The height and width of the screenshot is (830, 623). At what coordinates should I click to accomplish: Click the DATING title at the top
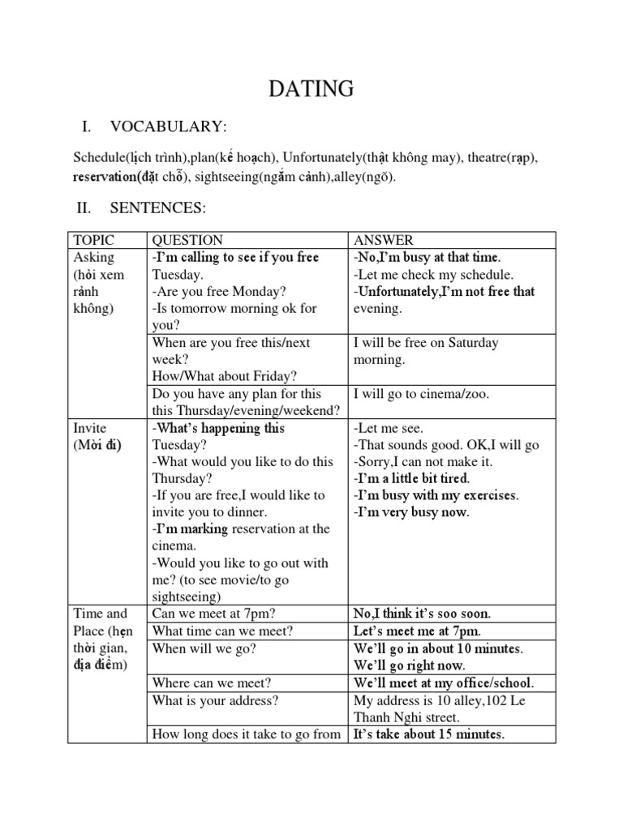(x=311, y=89)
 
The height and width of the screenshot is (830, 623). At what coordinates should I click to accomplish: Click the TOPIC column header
(x=94, y=240)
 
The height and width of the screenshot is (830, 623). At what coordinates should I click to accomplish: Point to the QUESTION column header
(x=187, y=240)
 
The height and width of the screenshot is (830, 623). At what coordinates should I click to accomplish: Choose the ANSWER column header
(x=383, y=240)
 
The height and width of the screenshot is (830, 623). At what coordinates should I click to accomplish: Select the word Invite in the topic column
(x=90, y=428)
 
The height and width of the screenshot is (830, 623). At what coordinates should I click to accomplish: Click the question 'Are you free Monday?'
(x=219, y=292)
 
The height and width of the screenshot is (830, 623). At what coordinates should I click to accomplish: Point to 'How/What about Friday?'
(x=224, y=376)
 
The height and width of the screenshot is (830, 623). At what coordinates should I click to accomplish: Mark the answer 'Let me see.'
(x=389, y=428)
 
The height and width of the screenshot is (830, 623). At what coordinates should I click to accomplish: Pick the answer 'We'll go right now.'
(x=410, y=665)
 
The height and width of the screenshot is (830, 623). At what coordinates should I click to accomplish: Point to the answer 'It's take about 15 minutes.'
(x=429, y=735)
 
